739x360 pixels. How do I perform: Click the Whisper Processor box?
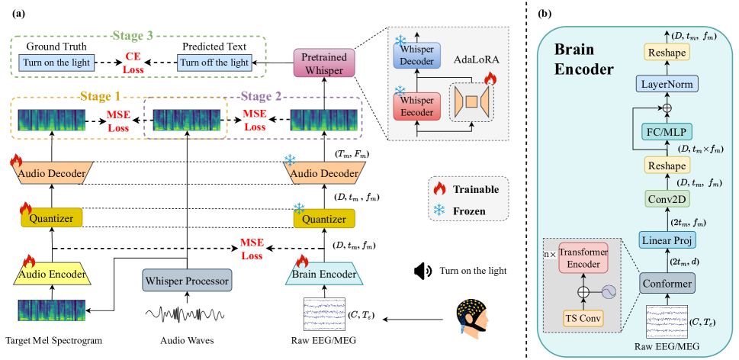pos(187,280)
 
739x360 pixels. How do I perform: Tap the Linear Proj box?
pos(666,241)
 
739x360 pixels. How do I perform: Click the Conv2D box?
pos(667,200)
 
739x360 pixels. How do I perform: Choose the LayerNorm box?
pos(667,85)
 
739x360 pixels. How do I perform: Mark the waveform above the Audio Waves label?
pos(185,314)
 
